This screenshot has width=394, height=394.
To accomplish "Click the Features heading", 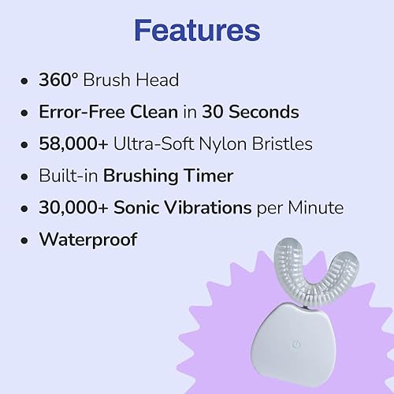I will coord(197,31).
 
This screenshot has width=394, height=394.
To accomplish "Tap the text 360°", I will coord(59,81).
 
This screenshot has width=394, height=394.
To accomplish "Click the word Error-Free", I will coord(80,112).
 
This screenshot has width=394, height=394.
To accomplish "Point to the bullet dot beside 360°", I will coord(28,81).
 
